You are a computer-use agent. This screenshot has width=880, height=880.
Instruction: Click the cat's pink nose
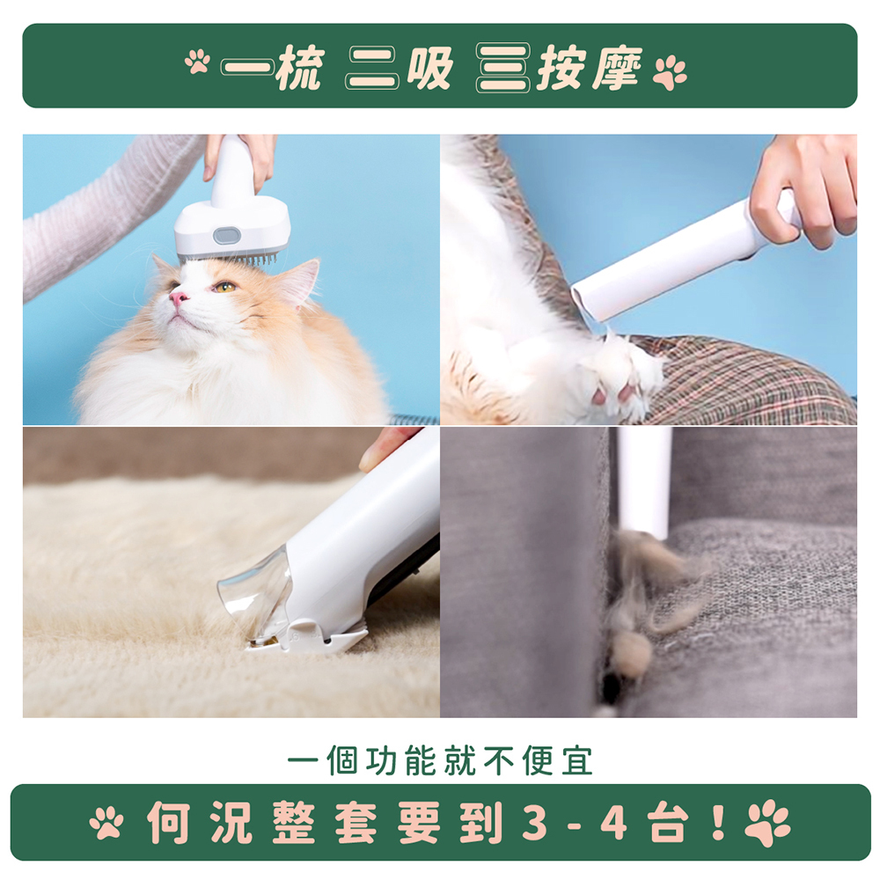click(x=180, y=298)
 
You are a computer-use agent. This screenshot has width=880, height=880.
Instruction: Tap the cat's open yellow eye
click(x=224, y=287)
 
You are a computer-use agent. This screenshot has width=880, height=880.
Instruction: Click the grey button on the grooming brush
click(x=227, y=236)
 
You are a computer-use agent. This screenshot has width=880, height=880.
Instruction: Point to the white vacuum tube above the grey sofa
click(x=645, y=480)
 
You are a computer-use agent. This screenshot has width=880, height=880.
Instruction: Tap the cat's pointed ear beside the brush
click(x=300, y=282)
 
